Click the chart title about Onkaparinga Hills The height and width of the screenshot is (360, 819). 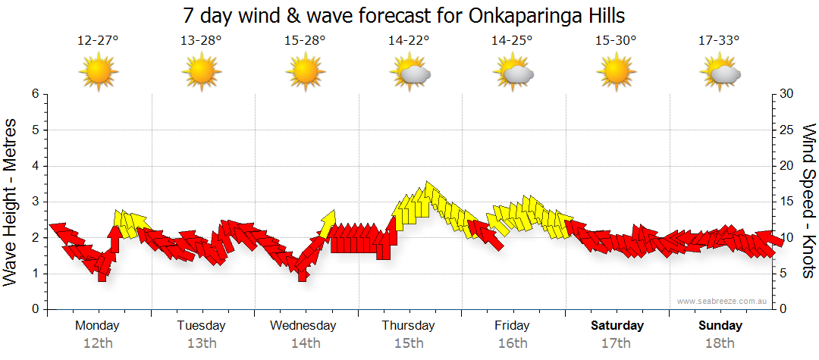coord(404,15)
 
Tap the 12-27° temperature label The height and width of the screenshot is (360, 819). coord(98,40)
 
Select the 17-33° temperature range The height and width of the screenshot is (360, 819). coord(720,40)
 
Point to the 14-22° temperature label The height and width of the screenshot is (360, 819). coord(409,40)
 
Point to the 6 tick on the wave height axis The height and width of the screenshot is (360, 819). coord(34,94)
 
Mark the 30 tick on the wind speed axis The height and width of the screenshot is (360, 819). coord(787,94)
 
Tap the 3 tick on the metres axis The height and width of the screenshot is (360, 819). coord(34,202)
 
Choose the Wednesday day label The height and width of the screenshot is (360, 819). coord(303,326)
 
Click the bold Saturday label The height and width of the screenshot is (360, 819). coord(617,326)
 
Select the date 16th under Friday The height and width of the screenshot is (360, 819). coord(513,343)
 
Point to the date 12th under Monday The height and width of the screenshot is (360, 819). coord(98,343)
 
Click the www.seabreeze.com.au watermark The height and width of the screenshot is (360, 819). coord(723,301)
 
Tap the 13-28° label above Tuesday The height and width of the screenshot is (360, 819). coord(201,40)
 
